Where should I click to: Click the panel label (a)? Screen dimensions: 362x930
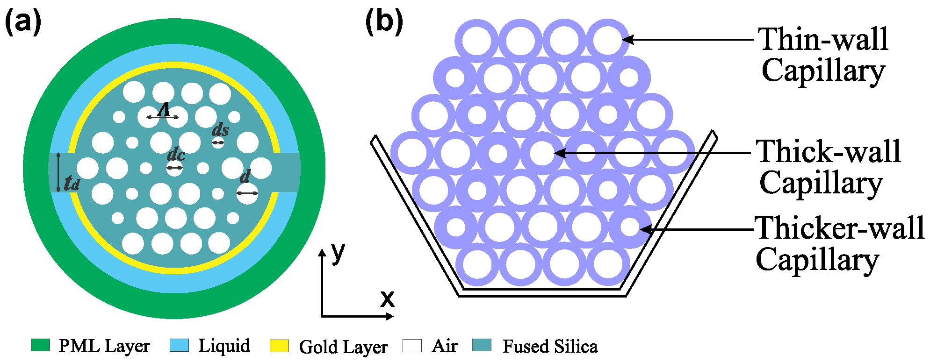tap(23, 22)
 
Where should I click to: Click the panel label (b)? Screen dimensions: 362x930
tap(384, 22)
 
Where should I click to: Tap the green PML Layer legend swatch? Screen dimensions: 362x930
tap(40, 345)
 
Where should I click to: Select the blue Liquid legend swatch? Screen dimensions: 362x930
tap(179, 345)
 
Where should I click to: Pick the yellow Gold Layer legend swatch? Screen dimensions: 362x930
tap(279, 346)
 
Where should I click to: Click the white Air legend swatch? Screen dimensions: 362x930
tap(412, 346)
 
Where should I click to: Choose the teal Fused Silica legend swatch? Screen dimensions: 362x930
tap(482, 345)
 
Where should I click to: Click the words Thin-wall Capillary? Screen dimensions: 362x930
tap(823, 54)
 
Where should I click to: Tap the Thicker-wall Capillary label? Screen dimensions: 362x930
tap(840, 243)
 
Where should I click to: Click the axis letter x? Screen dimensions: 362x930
tap(387, 298)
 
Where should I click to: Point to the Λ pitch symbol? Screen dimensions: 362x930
tap(164, 110)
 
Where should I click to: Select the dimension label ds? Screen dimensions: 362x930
tap(220, 130)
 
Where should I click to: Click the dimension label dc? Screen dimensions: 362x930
tap(176, 154)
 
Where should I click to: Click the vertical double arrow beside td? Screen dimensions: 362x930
tap(58, 172)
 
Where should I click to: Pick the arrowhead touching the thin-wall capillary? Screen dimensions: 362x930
tap(627, 40)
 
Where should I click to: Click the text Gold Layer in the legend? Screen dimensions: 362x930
tap(343, 347)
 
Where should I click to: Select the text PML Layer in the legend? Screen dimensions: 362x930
tap(104, 346)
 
